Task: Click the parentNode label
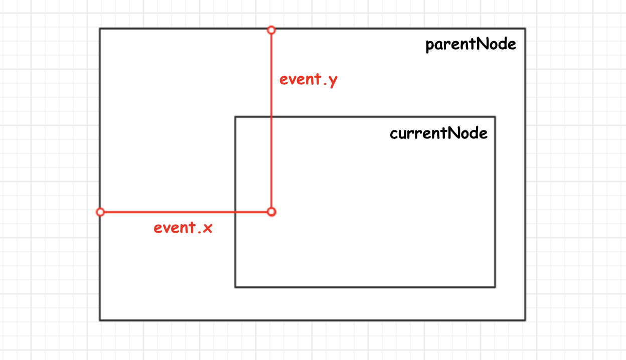pos(471,45)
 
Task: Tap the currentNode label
pos(438,134)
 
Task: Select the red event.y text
pos(308,80)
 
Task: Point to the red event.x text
pos(183,228)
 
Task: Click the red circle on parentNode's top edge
pos(271,30)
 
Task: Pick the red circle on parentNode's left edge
pos(100,212)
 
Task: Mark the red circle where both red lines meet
pos(271,212)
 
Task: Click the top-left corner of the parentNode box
pos(100,29)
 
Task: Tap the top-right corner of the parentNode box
pos(525,29)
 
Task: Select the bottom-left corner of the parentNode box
pos(100,320)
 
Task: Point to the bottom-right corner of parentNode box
pos(525,320)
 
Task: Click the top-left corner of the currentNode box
pos(235,117)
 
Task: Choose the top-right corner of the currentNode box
pos(495,117)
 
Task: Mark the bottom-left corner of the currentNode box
pos(235,287)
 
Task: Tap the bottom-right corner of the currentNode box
pos(495,287)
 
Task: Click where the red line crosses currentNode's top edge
pos(271,117)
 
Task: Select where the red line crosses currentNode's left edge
pos(235,212)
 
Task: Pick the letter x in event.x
pos(207,229)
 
